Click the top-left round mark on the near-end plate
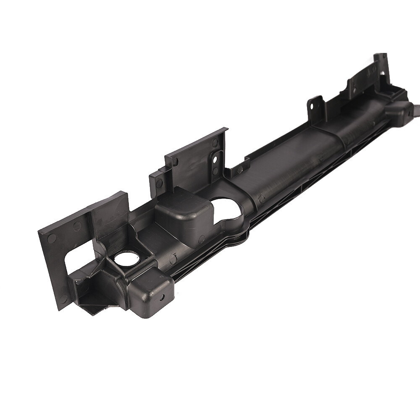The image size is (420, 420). pos(52,238)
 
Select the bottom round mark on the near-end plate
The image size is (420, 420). pos(63,299)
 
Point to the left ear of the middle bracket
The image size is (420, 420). pos(159,181)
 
